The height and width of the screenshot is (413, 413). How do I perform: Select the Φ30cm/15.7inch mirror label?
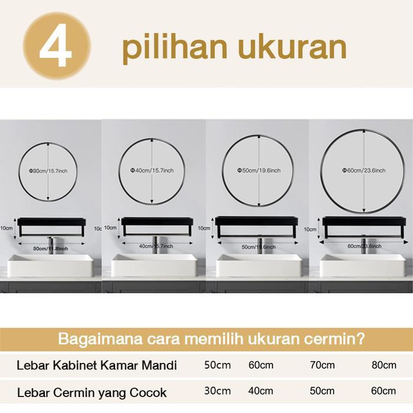pyautogui.click(x=47, y=171)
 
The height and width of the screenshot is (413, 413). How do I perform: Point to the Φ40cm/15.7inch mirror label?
pyautogui.click(x=152, y=171)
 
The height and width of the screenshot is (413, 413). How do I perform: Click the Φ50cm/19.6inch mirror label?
pyautogui.click(x=258, y=171)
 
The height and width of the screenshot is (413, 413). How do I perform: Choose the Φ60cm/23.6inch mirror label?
pyautogui.click(x=363, y=171)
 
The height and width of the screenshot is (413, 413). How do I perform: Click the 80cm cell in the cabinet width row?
pyautogui.click(x=384, y=365)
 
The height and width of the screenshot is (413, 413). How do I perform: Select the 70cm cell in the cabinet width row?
pyautogui.click(x=322, y=365)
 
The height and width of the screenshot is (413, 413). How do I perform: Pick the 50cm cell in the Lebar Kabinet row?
pyautogui.click(x=218, y=365)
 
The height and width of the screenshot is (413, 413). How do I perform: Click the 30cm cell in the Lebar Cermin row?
pyautogui.click(x=218, y=391)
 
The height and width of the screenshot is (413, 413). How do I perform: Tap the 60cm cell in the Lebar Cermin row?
pyautogui.click(x=384, y=391)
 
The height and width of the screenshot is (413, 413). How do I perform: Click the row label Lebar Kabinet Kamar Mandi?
pyautogui.click(x=97, y=365)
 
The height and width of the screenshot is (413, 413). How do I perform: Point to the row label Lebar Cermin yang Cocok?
pyautogui.click(x=92, y=392)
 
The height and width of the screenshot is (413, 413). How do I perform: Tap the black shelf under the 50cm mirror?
pyautogui.click(x=257, y=222)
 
